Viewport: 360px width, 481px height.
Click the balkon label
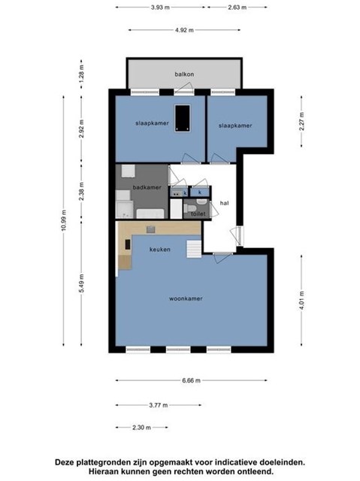pyautogui.click(x=184, y=74)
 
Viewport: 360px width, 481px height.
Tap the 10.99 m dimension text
pyautogui.click(x=63, y=220)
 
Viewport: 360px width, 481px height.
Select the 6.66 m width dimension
pyautogui.click(x=192, y=380)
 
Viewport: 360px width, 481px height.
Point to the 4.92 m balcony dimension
pyautogui.click(x=184, y=30)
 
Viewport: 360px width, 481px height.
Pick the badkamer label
pyautogui.click(x=147, y=187)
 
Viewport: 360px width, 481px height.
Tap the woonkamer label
pyautogui.click(x=186, y=298)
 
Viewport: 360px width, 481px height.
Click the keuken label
pyautogui.click(x=160, y=250)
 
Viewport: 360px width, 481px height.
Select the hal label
pyautogui.click(x=225, y=203)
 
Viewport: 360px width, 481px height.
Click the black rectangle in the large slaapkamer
pyautogui.click(x=183, y=119)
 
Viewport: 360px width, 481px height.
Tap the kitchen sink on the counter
pyautogui.click(x=151, y=229)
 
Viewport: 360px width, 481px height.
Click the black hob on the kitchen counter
pyautogui.click(x=127, y=244)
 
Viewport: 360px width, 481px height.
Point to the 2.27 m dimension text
pyautogui.click(x=301, y=122)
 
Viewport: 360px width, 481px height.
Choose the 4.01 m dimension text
pyautogui.click(x=301, y=301)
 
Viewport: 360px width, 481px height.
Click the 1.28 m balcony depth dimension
pyautogui.click(x=81, y=74)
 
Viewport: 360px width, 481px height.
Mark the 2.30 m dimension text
pyautogui.click(x=141, y=428)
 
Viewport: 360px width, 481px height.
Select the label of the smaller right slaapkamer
pyautogui.click(x=235, y=126)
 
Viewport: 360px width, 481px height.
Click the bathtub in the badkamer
pyautogui.click(x=150, y=213)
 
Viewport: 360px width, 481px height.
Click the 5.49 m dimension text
pyautogui.click(x=81, y=283)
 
